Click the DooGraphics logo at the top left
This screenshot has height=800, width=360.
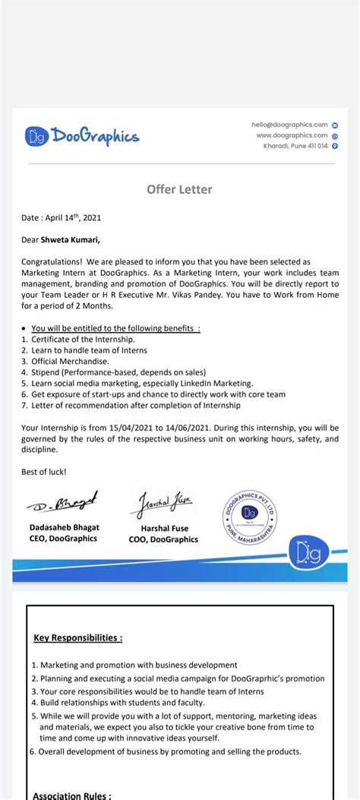[x=83, y=136]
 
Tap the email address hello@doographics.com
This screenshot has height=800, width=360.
[x=289, y=125]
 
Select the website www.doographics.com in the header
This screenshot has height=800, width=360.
[x=292, y=135]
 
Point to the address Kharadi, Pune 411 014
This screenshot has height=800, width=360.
[x=295, y=146]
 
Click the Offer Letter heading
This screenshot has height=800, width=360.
[x=179, y=189]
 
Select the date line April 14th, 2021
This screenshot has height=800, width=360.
[x=62, y=217]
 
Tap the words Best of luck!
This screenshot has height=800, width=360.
[x=44, y=472]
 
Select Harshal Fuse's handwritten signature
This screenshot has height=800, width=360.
[x=163, y=502]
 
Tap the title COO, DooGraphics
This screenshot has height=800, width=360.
[x=163, y=539]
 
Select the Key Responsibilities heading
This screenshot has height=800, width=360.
[x=78, y=637]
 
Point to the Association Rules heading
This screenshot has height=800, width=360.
[x=72, y=795]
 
